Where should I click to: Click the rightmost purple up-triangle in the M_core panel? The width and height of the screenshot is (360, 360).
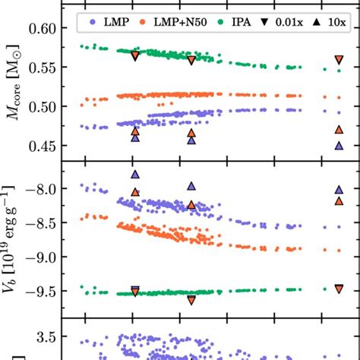339,144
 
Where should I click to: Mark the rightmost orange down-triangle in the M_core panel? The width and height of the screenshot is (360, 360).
339,61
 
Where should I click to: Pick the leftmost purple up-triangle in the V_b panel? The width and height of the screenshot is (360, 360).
135,175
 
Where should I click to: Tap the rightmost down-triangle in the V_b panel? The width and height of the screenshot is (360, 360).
339,289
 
